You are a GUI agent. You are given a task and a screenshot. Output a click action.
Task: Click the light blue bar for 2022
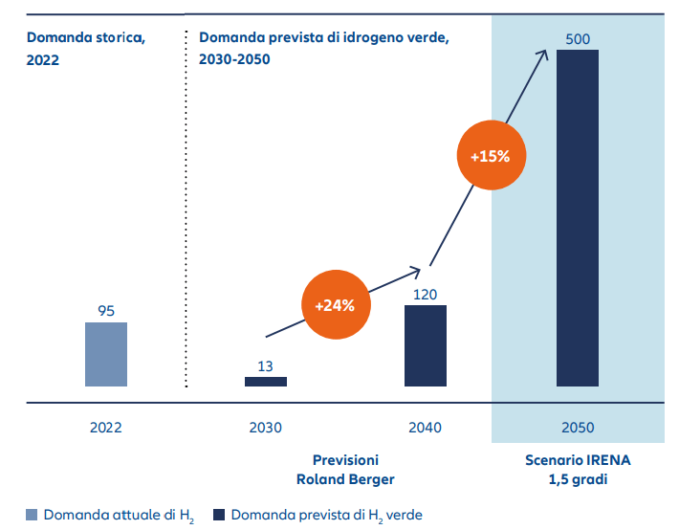tap(105, 354)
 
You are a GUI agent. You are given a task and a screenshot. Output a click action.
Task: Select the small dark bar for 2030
tap(265, 382)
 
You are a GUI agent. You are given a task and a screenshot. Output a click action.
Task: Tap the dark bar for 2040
tap(425, 345)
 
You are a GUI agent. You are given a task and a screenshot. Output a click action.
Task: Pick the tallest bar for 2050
tap(577, 218)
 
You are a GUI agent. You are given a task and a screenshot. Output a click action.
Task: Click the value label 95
tap(106, 311)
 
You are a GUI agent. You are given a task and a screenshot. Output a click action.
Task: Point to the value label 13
tap(266, 365)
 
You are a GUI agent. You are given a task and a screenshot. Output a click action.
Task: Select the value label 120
tap(425, 294)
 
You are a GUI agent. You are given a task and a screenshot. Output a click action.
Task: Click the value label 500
tap(578, 38)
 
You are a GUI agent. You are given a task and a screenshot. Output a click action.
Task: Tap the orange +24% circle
tap(335, 306)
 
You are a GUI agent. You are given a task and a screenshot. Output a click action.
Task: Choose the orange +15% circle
tap(491, 156)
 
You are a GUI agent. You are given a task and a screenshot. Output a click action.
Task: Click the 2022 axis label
tap(105, 427)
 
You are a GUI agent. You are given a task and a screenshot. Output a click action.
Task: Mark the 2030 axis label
tap(265, 427)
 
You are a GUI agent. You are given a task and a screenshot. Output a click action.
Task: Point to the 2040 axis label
tap(425, 427)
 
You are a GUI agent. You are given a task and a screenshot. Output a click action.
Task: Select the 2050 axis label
tap(578, 427)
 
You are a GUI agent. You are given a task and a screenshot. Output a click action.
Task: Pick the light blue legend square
tap(33, 515)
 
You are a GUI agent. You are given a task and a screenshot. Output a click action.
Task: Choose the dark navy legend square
tap(219, 515)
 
